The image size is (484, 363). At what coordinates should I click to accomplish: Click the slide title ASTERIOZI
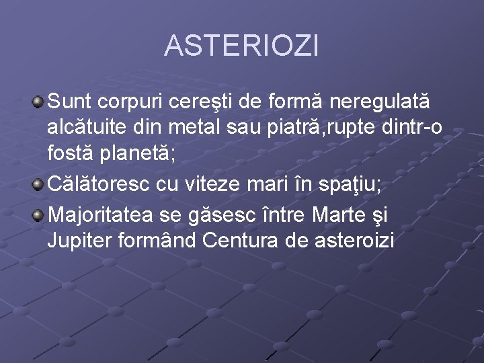241,46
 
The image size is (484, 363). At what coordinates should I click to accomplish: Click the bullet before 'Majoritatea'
39,214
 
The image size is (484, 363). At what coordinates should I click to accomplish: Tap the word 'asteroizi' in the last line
354,240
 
